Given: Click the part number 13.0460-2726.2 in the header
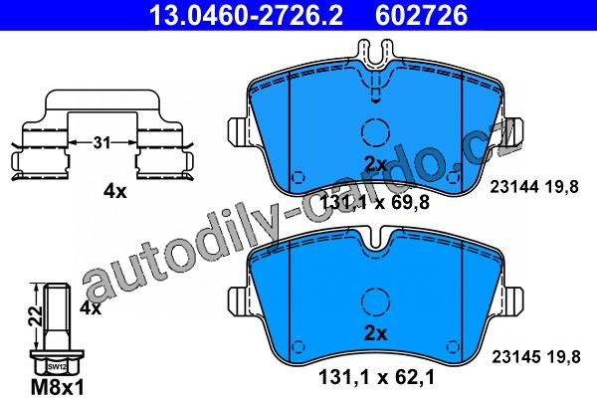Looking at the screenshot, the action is point(246,15).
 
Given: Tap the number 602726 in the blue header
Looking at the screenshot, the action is point(421,15).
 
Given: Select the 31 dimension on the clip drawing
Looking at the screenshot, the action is point(102,143).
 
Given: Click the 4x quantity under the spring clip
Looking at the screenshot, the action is point(115,192).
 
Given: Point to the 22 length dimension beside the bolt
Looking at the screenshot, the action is point(37,315).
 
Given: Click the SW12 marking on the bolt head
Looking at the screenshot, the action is point(55,367).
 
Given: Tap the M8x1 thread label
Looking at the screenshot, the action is point(57,388).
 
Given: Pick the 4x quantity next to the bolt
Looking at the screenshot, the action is point(91,307).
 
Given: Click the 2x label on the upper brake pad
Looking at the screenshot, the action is point(375,164).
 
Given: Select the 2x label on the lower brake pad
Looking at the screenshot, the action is point(375,333).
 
